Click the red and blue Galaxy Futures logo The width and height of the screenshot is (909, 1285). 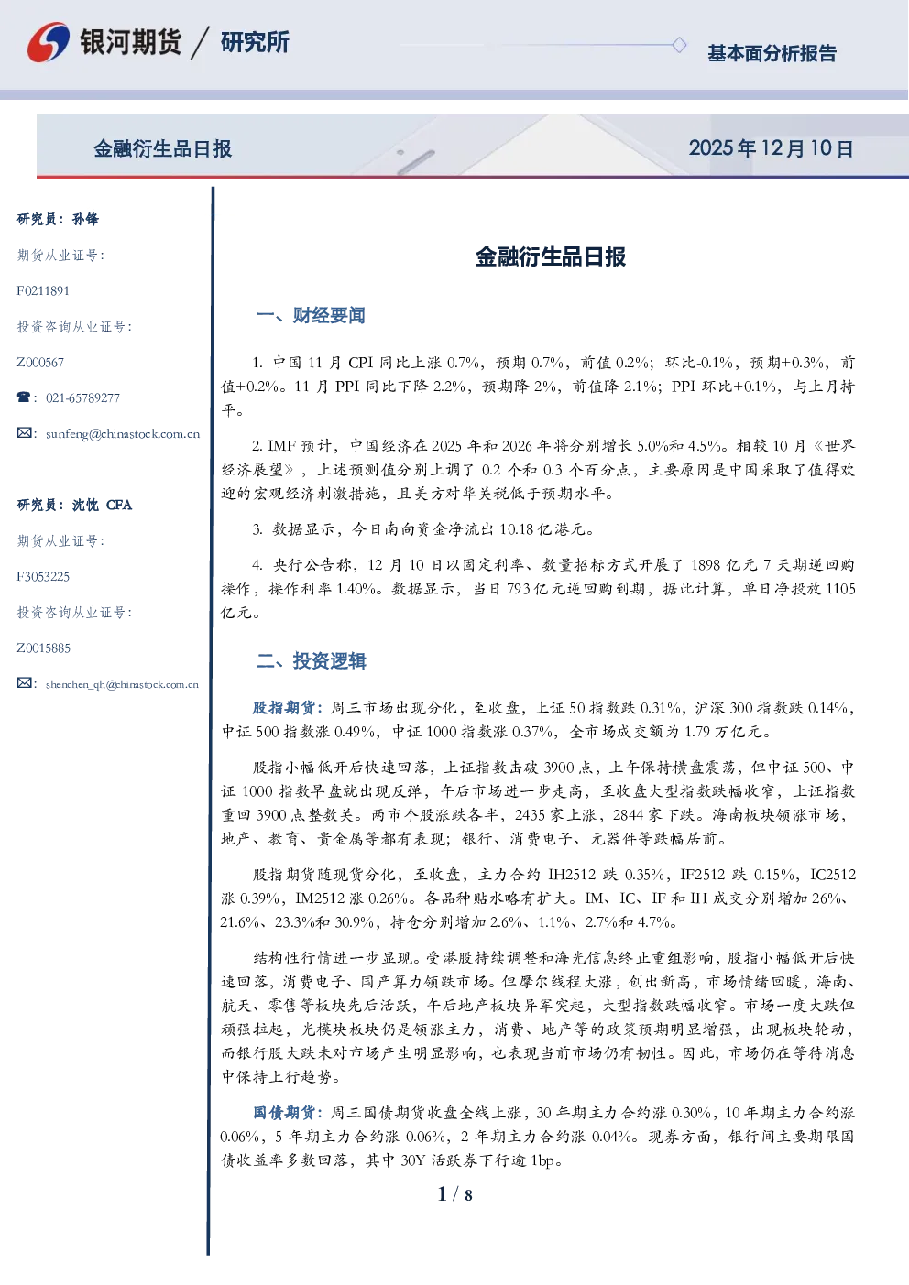[x=49, y=42]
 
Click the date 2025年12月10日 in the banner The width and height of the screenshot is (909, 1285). [x=771, y=148]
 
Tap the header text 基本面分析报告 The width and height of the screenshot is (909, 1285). [x=772, y=53]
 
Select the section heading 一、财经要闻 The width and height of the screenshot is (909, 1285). [x=311, y=315]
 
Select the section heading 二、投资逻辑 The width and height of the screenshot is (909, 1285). [x=311, y=661]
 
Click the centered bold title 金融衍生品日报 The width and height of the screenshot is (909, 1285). [x=551, y=256]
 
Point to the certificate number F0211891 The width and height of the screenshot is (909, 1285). [x=43, y=291]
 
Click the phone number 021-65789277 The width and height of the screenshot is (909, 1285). [x=82, y=398]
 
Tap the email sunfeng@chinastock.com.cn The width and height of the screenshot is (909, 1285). [x=123, y=434]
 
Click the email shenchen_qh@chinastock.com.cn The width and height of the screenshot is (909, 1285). [x=122, y=684]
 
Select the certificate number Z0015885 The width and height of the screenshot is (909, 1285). [x=44, y=648]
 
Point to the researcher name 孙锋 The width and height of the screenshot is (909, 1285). [x=85, y=219]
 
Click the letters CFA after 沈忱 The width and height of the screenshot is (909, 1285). [x=119, y=505]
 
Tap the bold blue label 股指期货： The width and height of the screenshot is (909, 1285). [x=289, y=708]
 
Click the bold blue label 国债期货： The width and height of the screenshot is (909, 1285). [x=289, y=1113]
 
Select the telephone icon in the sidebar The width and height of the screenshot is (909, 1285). [x=24, y=397]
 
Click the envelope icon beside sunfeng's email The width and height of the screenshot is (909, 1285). [x=24, y=432]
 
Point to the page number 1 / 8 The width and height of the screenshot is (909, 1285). [x=454, y=1194]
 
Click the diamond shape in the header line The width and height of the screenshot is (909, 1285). [x=679, y=45]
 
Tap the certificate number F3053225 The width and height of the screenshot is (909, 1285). [x=43, y=576]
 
